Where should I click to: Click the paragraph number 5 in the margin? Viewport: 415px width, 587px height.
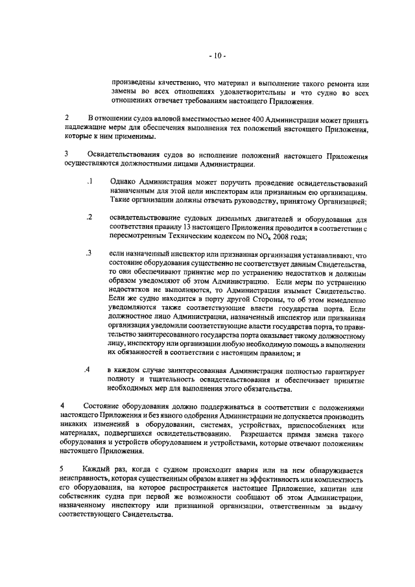coord(63,468)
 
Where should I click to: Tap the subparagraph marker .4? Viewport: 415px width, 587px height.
coord(87,369)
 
